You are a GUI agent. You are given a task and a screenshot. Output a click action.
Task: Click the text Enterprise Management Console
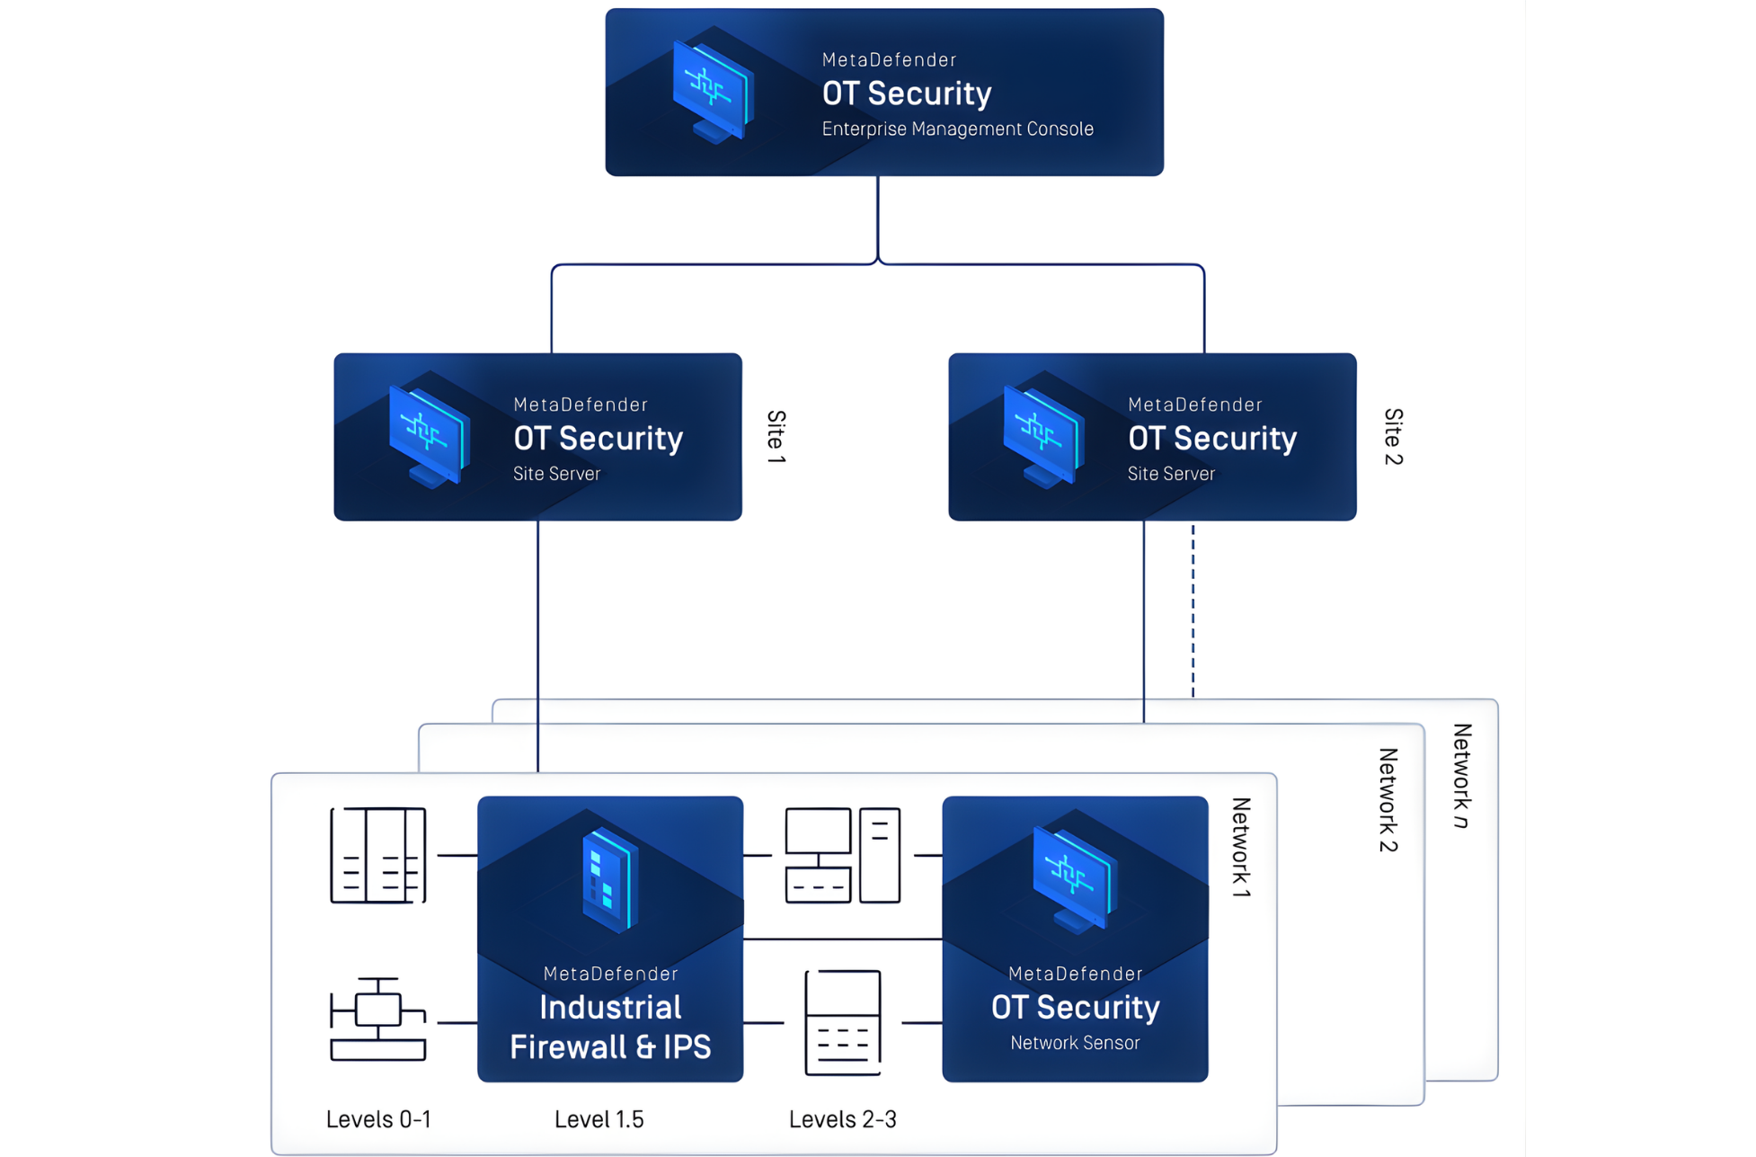point(957,129)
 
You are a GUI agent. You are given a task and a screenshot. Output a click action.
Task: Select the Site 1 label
point(776,437)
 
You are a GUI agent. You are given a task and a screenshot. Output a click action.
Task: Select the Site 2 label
point(1393,437)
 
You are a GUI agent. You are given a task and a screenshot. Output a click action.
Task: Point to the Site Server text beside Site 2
point(1171,474)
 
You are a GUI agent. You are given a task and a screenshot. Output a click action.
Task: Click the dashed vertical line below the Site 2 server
point(1193,611)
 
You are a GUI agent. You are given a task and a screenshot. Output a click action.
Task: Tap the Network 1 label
point(1241,847)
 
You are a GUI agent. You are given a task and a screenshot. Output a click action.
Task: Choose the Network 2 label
point(1388,800)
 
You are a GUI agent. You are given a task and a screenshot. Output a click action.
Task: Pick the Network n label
point(1462,775)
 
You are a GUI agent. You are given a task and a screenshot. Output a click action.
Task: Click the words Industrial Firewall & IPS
point(610,1028)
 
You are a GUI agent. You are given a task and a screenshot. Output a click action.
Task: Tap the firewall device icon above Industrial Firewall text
point(610,880)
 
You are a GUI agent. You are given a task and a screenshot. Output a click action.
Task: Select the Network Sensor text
point(1075,1043)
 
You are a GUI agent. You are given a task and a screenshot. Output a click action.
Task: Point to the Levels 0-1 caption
point(378,1119)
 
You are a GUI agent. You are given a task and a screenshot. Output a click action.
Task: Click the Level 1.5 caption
point(599,1119)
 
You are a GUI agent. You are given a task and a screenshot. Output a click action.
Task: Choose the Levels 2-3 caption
point(842,1119)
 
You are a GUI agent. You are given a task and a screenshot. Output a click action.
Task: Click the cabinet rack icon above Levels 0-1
point(377,855)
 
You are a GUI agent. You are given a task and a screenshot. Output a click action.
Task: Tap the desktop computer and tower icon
point(842,855)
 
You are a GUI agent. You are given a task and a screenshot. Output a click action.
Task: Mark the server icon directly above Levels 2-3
point(842,1022)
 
